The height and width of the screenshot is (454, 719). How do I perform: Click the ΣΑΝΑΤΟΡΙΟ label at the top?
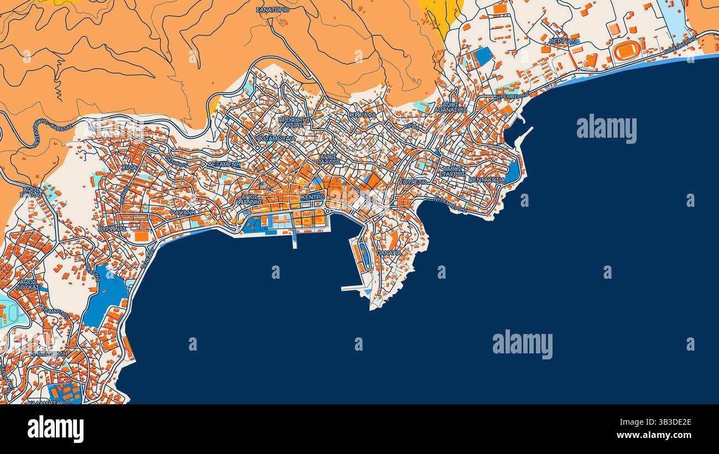point(273,9)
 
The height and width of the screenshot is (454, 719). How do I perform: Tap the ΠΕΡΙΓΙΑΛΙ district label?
point(564,41)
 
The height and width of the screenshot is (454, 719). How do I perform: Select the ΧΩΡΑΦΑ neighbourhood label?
point(362,115)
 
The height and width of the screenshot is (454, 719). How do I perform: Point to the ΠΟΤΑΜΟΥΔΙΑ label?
point(276,139)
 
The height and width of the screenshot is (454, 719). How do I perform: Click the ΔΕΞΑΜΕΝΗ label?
point(224,164)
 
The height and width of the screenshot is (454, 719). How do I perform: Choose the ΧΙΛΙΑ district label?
point(128,166)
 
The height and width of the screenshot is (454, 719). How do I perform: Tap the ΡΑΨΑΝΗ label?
point(183,212)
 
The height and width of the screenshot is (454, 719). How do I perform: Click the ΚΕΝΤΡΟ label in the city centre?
point(312,197)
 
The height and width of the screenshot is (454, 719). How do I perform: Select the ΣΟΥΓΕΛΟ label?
point(413,181)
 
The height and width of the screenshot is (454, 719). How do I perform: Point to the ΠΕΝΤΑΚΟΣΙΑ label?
point(487,180)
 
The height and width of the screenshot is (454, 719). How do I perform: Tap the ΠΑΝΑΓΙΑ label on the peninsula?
point(389,252)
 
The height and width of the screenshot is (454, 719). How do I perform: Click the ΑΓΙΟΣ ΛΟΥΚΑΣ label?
point(29,284)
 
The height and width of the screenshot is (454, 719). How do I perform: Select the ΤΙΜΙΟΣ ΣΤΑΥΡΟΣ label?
point(452,171)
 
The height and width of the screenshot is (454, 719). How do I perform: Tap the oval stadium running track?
point(627,50)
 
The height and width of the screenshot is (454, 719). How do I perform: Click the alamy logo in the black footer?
point(55,429)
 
